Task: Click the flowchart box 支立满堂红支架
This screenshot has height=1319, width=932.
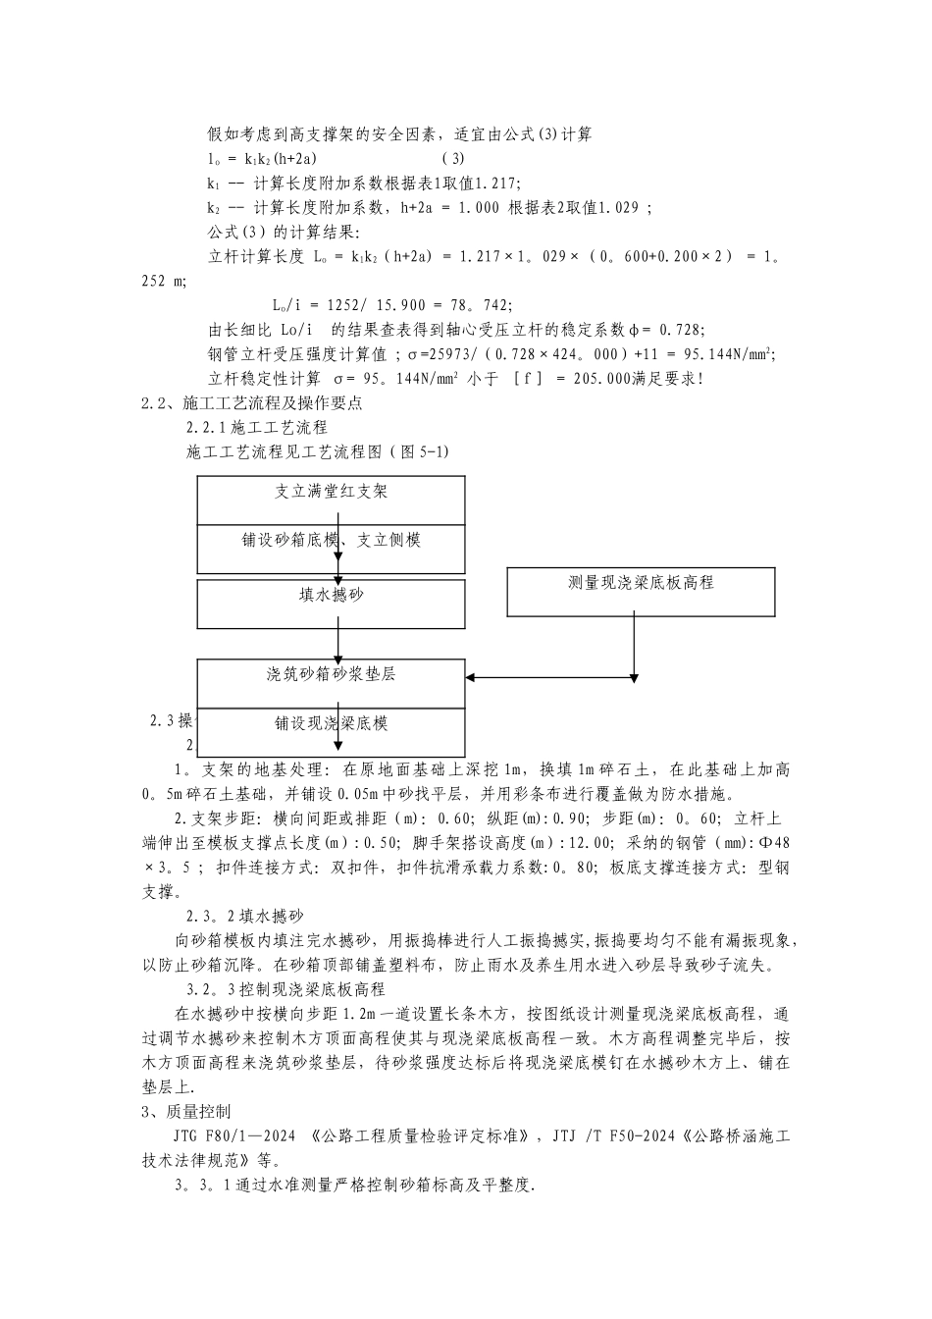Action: tap(331, 500)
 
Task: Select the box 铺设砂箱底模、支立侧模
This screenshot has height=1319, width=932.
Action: tap(331, 549)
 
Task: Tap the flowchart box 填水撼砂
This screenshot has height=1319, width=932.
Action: tap(331, 603)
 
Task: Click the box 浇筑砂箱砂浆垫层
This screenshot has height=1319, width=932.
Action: tap(331, 683)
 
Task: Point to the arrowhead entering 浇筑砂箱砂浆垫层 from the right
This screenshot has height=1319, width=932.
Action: tap(472, 677)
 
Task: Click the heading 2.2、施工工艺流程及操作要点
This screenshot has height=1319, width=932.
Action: tap(253, 402)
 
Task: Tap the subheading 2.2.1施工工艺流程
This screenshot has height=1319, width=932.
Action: tap(257, 428)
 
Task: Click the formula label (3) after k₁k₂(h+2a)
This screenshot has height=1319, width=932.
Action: tap(453, 158)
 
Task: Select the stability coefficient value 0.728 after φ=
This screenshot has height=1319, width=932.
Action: tap(681, 329)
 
